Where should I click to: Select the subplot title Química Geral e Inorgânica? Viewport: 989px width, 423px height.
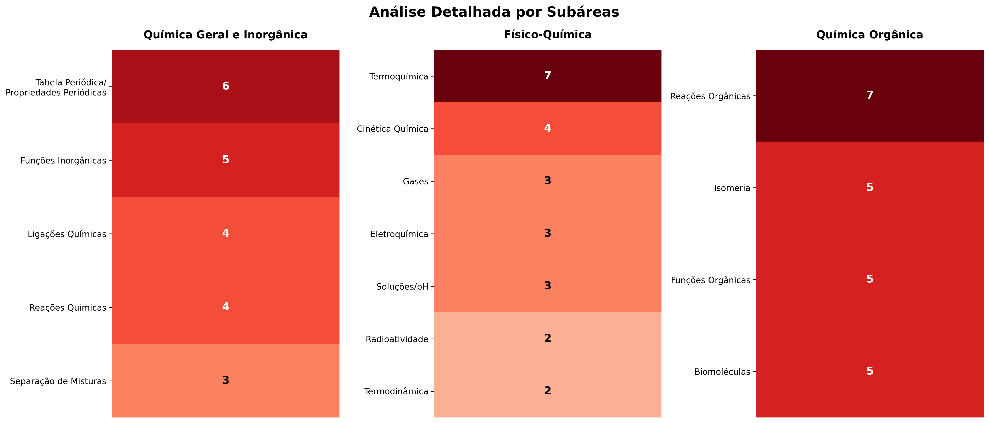point(225,35)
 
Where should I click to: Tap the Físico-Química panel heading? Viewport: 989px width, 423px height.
point(547,34)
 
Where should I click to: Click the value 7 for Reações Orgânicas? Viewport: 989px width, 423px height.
point(870,95)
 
